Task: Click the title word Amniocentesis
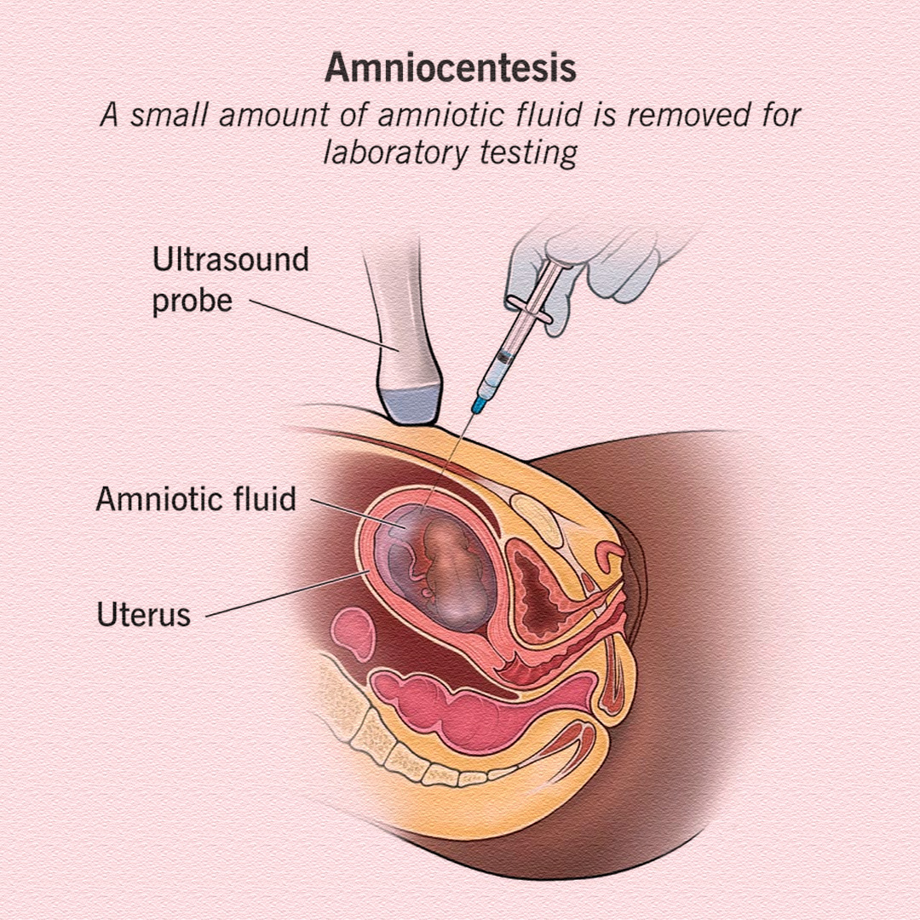[x=451, y=68]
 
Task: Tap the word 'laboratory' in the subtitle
[x=396, y=153]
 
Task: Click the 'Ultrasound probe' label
[x=230, y=280]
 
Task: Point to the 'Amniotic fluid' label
[x=196, y=499]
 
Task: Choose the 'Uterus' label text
[x=144, y=615]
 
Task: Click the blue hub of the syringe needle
[x=480, y=404]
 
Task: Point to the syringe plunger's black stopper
[x=503, y=356]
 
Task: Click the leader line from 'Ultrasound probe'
[x=325, y=325]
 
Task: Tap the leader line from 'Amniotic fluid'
[x=359, y=514]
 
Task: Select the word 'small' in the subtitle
[x=169, y=114]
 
